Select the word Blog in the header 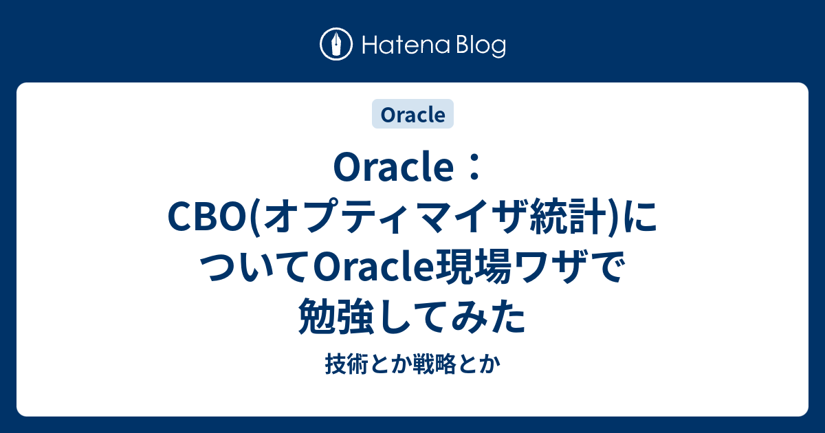pos(478,45)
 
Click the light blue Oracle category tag pos(412,115)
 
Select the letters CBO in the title pos(208,221)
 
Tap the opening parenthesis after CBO pos(255,221)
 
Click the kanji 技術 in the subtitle pos(340,366)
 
